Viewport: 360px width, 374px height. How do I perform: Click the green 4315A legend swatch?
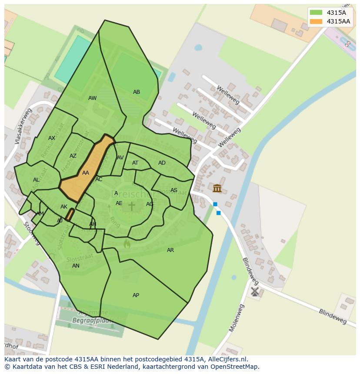click(316, 13)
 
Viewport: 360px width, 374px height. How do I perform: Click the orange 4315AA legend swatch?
click(316, 21)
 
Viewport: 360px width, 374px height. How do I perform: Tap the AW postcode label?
click(93, 98)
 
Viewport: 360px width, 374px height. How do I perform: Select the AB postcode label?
click(137, 92)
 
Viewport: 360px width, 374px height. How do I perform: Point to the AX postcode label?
click(52, 138)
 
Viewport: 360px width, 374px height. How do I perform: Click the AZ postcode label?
click(73, 156)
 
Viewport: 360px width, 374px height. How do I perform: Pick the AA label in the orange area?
click(86, 173)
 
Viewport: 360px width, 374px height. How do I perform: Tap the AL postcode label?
click(36, 180)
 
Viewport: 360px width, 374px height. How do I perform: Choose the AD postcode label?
click(162, 163)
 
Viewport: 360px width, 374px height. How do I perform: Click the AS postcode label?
click(174, 190)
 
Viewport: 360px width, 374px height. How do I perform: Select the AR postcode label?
click(170, 250)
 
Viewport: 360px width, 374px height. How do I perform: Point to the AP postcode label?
click(136, 295)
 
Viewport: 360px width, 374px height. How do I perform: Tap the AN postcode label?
click(76, 266)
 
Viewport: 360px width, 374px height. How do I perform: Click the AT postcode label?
click(135, 163)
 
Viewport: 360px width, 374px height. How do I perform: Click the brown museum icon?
click(217, 188)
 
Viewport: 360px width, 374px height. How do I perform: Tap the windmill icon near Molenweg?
click(255, 291)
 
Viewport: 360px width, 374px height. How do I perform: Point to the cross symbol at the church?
click(131, 206)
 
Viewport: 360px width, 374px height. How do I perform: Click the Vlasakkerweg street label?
click(24, 126)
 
